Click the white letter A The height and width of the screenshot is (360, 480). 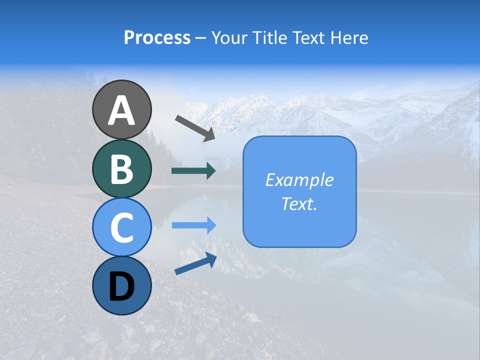pyautogui.click(x=121, y=110)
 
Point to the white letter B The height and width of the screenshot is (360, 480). pyautogui.click(x=121, y=169)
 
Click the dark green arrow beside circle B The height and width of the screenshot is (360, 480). pyautogui.click(x=193, y=171)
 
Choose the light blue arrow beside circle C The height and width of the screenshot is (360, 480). pyautogui.click(x=193, y=225)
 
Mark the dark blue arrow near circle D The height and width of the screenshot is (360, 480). pyautogui.click(x=195, y=263)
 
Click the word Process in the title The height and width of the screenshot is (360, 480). pyautogui.click(x=157, y=37)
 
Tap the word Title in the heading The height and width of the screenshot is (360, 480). pyautogui.click(x=270, y=37)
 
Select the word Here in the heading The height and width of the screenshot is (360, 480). pyautogui.click(x=350, y=37)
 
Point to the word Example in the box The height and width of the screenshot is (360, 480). pyautogui.click(x=299, y=180)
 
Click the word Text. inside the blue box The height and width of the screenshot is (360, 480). pyautogui.click(x=299, y=204)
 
